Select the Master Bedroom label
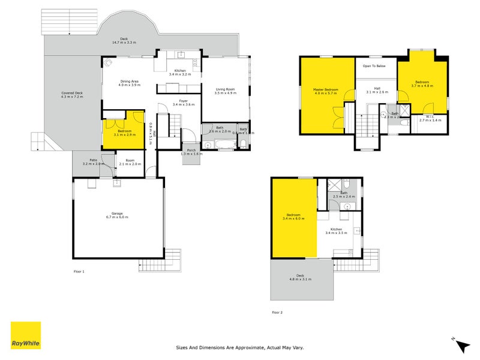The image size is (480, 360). pos(326,89)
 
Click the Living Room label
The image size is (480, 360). pos(226,89)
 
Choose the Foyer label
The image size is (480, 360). pos(181,101)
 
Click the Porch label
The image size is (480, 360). pos(191,150)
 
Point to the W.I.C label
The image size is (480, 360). pos(430,116)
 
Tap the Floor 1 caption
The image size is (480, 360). pos(79,272)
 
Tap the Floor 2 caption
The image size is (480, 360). pos(277,312)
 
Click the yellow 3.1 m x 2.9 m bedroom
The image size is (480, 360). pos(124,133)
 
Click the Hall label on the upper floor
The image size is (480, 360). pos(377,88)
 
